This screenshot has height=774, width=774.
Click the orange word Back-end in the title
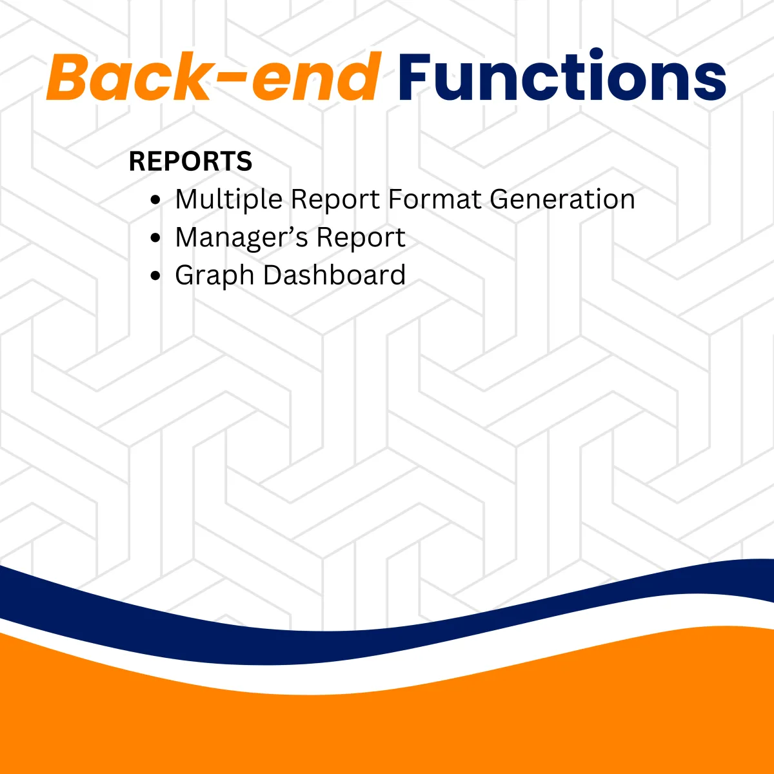213,76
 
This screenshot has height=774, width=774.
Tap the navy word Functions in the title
562,75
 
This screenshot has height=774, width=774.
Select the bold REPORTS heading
190,161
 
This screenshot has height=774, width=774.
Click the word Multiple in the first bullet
229,199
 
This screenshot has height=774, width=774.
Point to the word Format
434,199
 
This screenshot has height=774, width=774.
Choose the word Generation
562,199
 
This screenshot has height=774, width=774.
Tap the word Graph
215,276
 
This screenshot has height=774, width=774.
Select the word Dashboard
334,275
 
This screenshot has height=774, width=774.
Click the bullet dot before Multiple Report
155,199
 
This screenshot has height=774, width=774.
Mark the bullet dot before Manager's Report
155,238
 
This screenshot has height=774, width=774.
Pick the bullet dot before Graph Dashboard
155,276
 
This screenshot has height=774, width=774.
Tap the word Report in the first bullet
335,199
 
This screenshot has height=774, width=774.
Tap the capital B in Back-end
68,76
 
